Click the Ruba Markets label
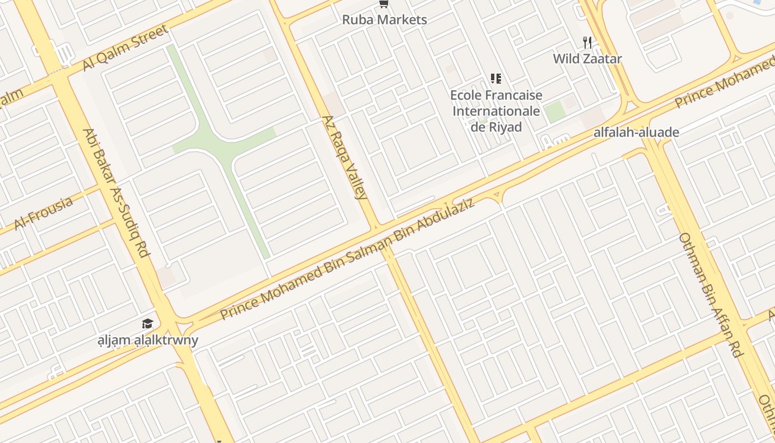click(384, 20)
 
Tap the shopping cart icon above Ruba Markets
click(383, 4)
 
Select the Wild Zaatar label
click(587, 58)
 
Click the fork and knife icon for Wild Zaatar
click(587, 42)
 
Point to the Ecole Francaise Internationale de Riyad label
click(496, 111)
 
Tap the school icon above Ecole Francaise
click(496, 79)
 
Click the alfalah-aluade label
click(636, 132)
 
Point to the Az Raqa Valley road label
click(344, 157)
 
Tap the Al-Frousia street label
click(43, 213)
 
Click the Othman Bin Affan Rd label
click(710, 295)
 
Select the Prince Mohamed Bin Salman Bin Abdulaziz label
click(348, 259)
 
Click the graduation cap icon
click(147, 324)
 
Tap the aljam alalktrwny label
click(148, 339)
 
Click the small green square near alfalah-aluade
click(555, 111)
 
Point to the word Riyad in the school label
click(504, 127)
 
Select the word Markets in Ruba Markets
click(401, 20)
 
